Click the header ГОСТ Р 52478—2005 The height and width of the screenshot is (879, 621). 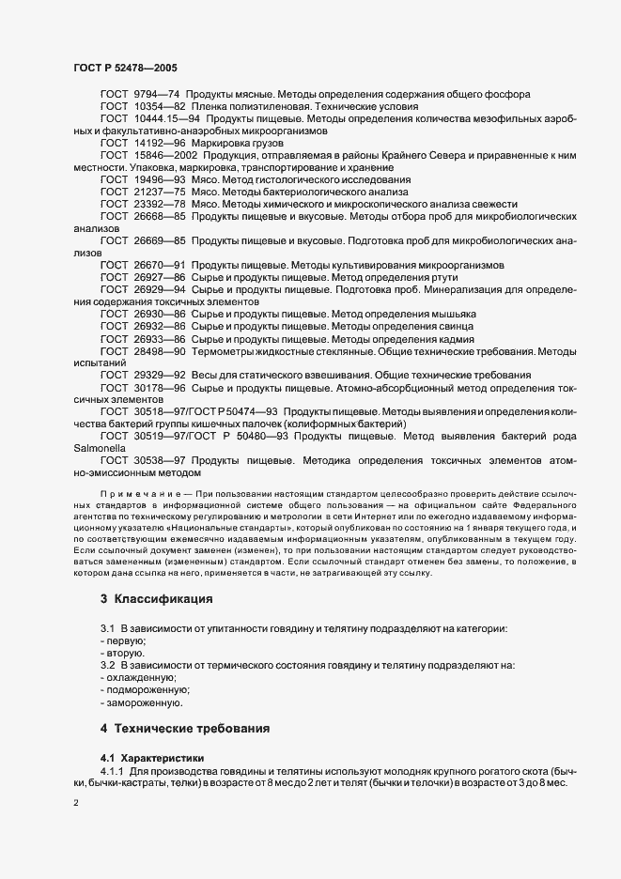click(x=125, y=68)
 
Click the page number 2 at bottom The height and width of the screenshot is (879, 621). click(x=76, y=803)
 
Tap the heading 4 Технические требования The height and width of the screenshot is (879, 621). click(x=185, y=728)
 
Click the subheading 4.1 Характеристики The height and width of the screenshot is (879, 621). click(x=149, y=756)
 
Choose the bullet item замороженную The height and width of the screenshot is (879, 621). click(x=146, y=702)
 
